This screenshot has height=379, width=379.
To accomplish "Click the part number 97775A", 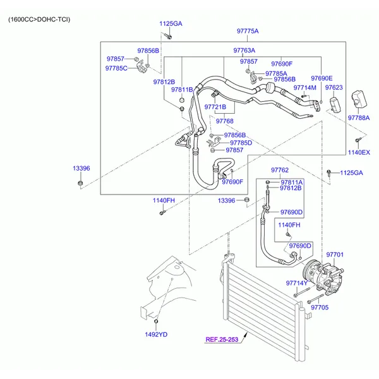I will [x=248, y=31].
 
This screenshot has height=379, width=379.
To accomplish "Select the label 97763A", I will [x=244, y=50].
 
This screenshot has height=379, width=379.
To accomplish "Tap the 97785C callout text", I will [x=116, y=68].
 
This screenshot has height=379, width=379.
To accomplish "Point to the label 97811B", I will [x=181, y=90].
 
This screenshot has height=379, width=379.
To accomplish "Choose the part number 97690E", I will [x=322, y=78].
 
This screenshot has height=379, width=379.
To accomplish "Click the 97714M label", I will [x=305, y=88].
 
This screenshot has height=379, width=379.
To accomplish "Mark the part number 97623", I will [x=335, y=88].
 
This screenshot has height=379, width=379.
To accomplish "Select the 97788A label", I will [x=359, y=117].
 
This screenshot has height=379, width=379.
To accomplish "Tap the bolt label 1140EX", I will [x=358, y=152].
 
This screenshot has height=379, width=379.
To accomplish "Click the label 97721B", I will [x=215, y=107].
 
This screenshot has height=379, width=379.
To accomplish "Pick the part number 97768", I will [x=224, y=121].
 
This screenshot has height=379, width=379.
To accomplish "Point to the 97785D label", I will [x=241, y=143].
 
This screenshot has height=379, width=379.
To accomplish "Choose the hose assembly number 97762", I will [x=280, y=170].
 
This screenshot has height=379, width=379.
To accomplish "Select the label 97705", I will [x=320, y=307].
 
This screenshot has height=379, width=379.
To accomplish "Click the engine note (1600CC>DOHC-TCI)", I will [x=39, y=20].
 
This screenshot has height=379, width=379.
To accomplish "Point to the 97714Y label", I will [x=296, y=283].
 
